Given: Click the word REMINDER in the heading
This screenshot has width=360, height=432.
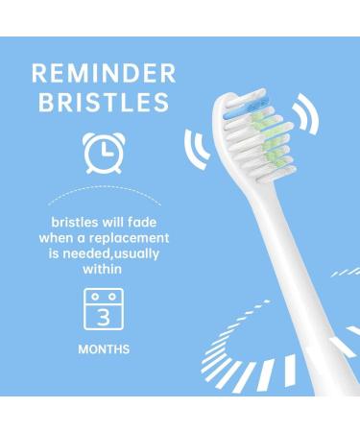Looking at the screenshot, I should [103, 73].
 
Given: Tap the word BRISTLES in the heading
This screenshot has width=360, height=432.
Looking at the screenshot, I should [103, 104].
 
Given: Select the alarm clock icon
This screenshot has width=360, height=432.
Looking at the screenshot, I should [103, 153].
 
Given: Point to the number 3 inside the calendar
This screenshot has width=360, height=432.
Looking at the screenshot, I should [103, 315].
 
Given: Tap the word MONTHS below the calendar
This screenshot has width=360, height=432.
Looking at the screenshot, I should [103, 349].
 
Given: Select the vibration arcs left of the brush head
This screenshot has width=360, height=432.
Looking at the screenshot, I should [196, 146].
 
